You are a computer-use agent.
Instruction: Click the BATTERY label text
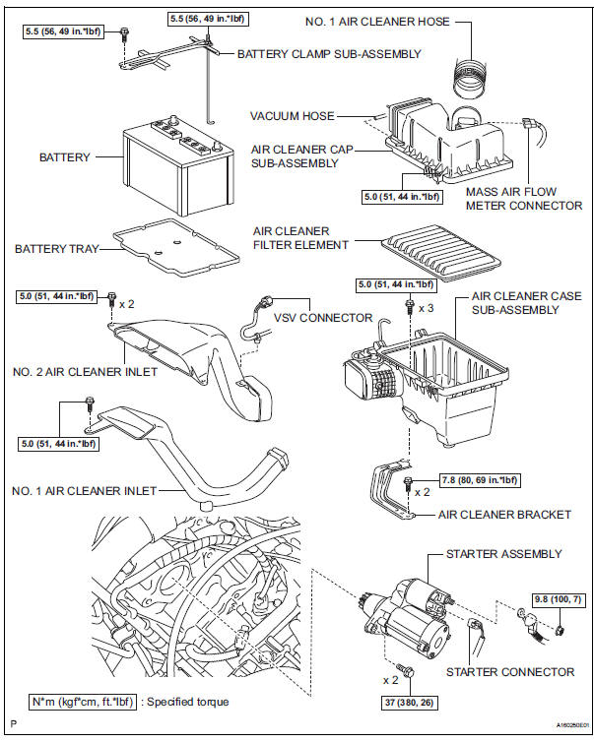pos(64,157)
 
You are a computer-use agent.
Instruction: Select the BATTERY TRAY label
pos(56,249)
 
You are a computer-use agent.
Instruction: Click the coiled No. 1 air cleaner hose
pos(471,70)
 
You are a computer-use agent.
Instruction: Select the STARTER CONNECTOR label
pos(509,672)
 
